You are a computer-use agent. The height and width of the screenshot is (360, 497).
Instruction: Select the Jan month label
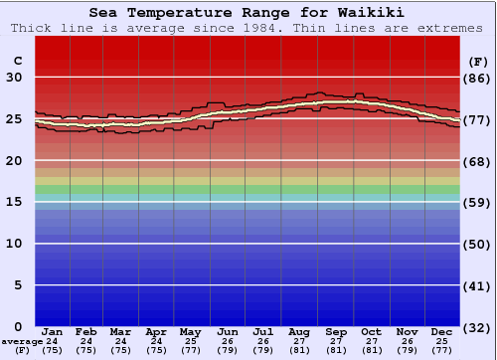point(53,331)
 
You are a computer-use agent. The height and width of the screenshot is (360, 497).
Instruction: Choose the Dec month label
point(442,331)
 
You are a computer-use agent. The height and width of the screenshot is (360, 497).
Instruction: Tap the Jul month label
point(263,331)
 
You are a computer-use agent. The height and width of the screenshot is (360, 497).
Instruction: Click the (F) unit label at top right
point(477,61)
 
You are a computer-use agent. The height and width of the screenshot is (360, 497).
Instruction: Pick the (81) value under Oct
point(371,350)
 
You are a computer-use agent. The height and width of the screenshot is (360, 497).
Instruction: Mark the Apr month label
point(156,331)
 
